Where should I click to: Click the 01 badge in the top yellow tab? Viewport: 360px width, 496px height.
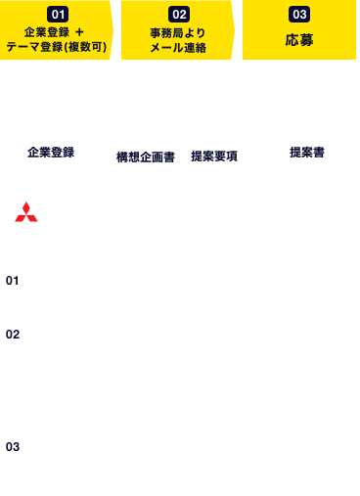tap(57, 15)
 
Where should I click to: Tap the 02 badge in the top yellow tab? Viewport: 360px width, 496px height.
tap(178, 15)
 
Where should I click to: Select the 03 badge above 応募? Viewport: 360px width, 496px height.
tap(299, 15)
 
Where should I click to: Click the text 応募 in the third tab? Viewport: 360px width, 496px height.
tap(299, 40)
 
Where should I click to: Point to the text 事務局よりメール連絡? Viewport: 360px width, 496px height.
tap(178, 40)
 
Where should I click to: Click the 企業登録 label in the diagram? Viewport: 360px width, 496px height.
tap(51, 152)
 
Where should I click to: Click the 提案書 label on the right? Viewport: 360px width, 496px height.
tap(307, 152)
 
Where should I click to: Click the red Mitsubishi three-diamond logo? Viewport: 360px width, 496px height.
tap(26, 212)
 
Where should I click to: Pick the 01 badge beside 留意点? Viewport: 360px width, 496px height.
tap(13, 280)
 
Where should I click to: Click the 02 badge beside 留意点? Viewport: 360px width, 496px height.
tap(13, 334)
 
